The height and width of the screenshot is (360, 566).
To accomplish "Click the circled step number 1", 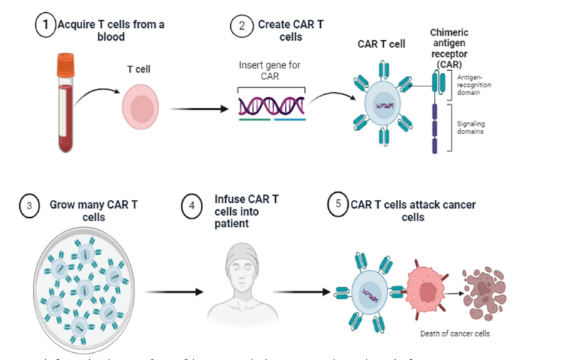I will point(46,26).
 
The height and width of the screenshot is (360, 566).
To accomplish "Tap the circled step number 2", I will point(242,26).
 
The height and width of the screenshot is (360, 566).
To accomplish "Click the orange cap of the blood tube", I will point(66,64).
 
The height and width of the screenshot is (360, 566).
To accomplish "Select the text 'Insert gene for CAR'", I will point(270,70).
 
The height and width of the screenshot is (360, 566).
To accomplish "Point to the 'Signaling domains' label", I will point(471,126).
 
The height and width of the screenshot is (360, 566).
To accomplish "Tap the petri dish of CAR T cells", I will point(81,286).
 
